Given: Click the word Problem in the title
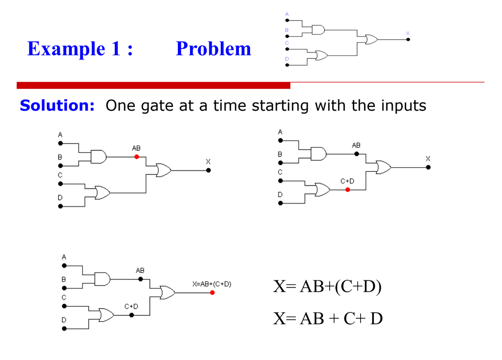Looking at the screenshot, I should point(214,49).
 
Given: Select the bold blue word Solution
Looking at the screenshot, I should point(57,105).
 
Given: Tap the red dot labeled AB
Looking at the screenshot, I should point(136,157).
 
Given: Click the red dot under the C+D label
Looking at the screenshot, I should point(347,189).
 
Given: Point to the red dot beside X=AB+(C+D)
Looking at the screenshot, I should point(212,293).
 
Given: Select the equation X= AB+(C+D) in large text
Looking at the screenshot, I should point(327,287).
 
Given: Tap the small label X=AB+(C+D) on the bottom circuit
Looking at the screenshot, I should point(212,284).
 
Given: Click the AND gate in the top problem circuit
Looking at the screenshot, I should point(318,30).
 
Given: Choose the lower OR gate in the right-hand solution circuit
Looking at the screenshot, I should point(323,189).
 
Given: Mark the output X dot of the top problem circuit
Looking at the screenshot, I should point(408,40).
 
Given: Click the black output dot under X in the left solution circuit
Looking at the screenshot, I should point(208,170).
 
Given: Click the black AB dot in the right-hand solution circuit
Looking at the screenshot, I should point(356,153).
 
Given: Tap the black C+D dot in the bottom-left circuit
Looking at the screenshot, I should point(132,315).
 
